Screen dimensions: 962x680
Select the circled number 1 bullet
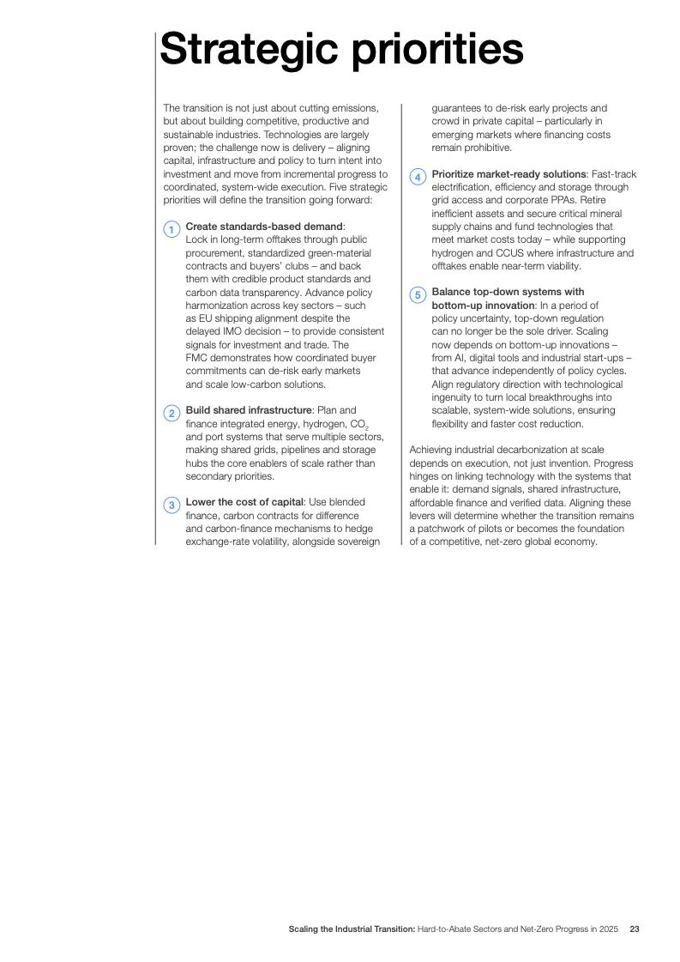point(172,229)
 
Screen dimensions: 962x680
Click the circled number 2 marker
point(172,414)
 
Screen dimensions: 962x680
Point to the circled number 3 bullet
point(172,505)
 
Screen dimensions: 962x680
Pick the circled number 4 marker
point(418,177)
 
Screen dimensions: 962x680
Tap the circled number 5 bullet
point(418,295)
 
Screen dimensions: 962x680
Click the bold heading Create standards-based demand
point(264,227)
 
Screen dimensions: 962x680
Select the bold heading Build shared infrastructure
point(248,411)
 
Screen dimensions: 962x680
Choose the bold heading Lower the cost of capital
point(244,503)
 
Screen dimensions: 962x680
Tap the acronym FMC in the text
point(197,358)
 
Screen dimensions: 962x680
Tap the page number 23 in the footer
point(635,929)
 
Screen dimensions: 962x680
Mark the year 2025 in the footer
point(608,929)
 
